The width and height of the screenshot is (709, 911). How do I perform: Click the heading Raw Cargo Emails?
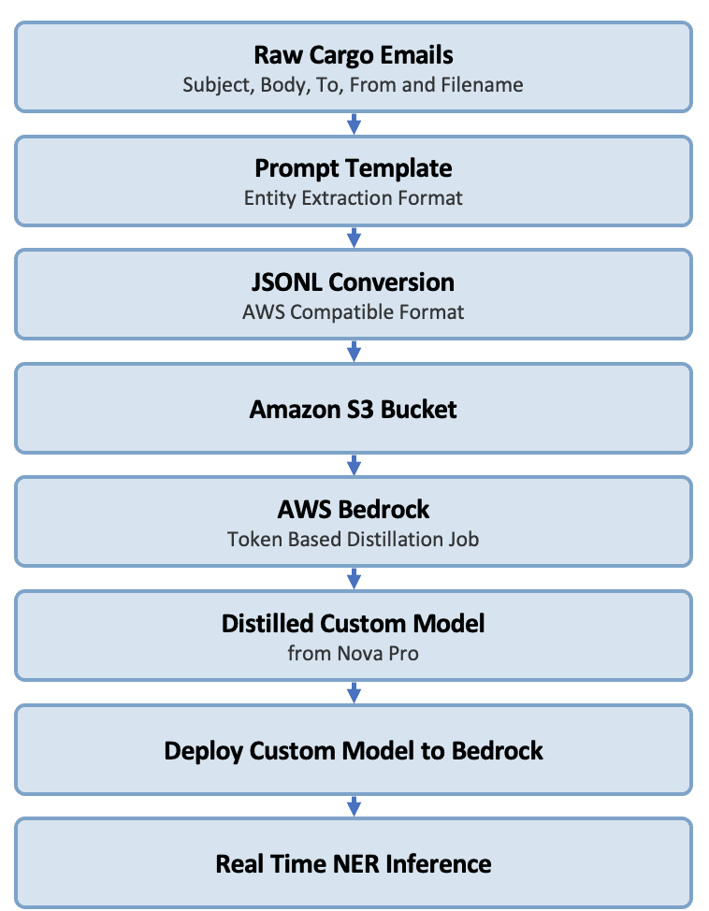tap(354, 55)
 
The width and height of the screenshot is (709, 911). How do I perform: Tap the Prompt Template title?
tap(354, 169)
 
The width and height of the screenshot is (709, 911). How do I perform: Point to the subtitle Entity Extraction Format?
tap(354, 198)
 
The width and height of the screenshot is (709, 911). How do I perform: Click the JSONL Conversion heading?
tap(354, 282)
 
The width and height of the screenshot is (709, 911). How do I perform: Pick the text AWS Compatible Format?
tap(354, 312)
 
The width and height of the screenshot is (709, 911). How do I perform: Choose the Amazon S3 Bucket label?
tap(354, 410)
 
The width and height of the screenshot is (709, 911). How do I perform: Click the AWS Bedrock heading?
tap(354, 510)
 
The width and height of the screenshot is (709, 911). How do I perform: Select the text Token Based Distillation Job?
tap(354, 539)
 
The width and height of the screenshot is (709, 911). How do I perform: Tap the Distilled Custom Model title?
tap(354, 624)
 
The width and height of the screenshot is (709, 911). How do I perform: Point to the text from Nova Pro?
tap(354, 653)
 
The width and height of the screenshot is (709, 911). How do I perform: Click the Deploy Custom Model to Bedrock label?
tap(354, 751)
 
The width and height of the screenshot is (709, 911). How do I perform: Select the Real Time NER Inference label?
tap(354, 864)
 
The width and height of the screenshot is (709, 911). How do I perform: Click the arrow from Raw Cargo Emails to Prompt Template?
tap(354, 123)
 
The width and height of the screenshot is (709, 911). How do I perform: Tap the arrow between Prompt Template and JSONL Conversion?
tap(354, 238)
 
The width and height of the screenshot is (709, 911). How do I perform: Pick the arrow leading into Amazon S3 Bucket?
tap(354, 352)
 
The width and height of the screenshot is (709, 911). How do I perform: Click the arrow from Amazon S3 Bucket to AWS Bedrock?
tap(354, 465)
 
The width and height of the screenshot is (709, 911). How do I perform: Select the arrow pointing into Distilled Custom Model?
tap(354, 579)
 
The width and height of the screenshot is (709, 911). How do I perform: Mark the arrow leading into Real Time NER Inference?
tap(354, 806)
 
